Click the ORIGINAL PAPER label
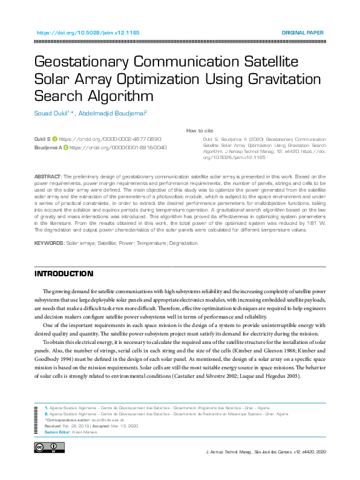coord(303,33)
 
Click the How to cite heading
coord(200,131)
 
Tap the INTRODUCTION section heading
coord(64,274)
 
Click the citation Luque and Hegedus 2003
coord(281,376)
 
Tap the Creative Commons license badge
coord(50,447)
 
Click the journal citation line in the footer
coord(266,452)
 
